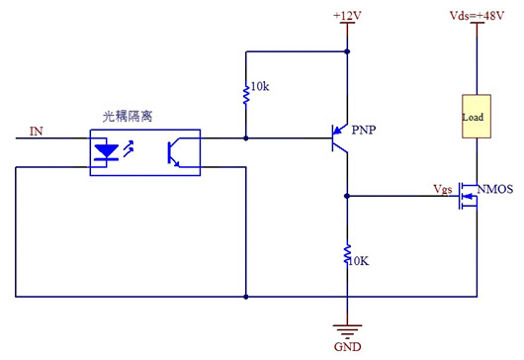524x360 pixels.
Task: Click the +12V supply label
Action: click(347, 15)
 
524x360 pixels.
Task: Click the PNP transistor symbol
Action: click(341, 137)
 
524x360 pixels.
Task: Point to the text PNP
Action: click(365, 130)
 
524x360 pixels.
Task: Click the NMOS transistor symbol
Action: click(467, 202)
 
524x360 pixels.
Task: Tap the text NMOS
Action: click(495, 189)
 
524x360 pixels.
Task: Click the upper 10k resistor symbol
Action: click(244, 94)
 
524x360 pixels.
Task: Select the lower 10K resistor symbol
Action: click(347, 255)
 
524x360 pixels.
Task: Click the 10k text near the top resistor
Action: click(259, 87)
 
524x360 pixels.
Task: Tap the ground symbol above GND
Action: click(347, 332)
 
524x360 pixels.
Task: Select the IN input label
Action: click(37, 130)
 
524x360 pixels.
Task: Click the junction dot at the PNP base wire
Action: click(244, 137)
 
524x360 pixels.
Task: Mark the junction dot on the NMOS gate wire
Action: click(347, 196)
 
